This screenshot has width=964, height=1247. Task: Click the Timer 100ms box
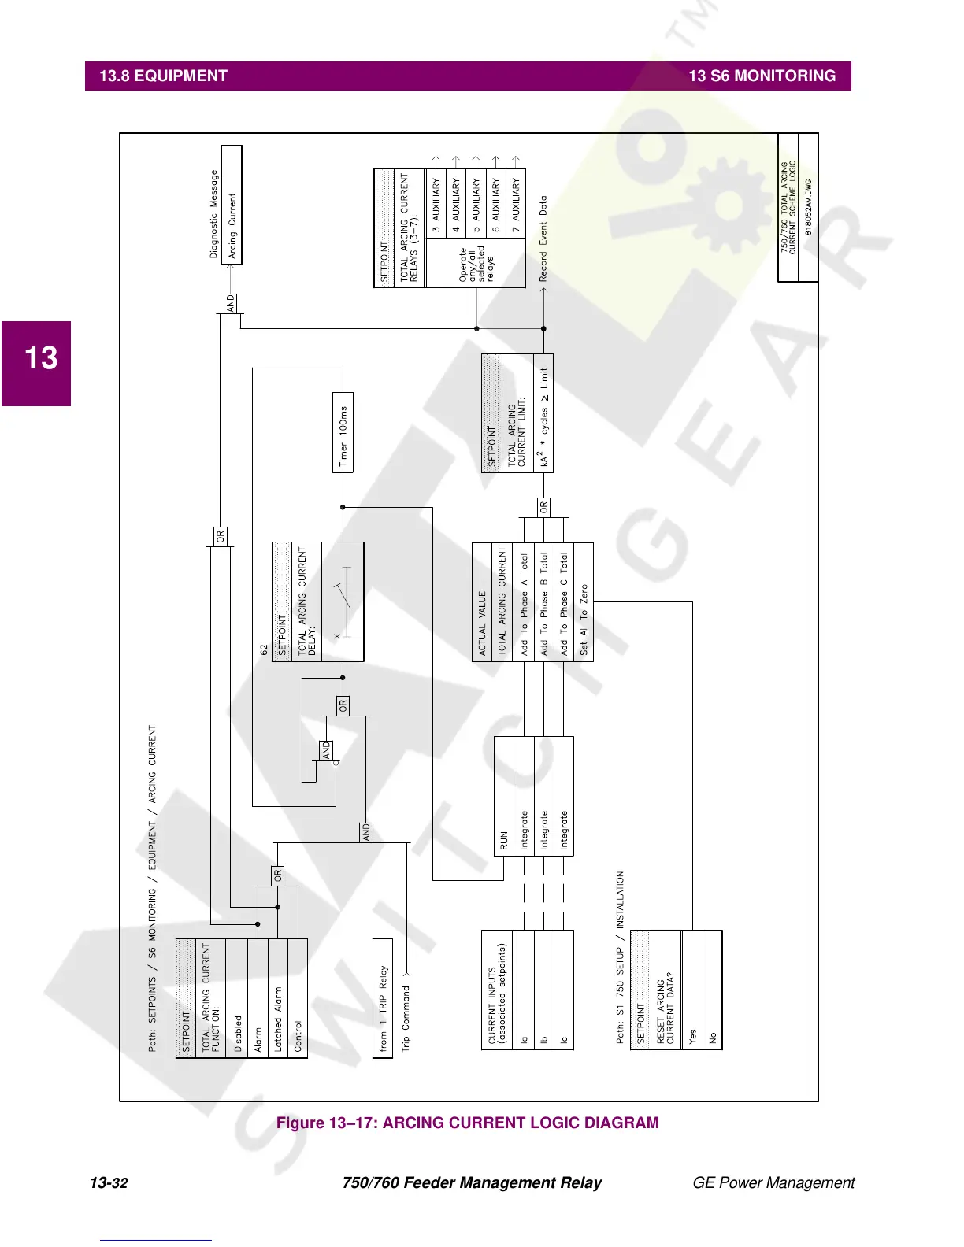coord(343,432)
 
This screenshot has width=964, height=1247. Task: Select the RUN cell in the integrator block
coord(504,796)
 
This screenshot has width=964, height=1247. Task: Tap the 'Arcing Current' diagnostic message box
coord(232,205)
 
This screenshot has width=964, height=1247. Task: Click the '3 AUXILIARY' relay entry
coord(436,205)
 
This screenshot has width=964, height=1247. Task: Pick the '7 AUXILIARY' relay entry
coord(516,205)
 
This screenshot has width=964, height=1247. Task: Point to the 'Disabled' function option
coord(238,997)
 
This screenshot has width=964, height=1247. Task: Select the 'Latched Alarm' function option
coord(278,997)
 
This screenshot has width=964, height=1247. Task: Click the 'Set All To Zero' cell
coord(584,602)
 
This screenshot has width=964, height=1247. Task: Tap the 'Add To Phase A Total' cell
coord(524,602)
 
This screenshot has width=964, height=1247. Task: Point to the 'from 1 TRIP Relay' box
coord(383,998)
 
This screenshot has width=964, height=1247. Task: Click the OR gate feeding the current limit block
coord(543,508)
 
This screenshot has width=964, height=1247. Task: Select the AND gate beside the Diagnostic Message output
coord(231,303)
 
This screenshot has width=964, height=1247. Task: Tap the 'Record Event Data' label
coord(543,239)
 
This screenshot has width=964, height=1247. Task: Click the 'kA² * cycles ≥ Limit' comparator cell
coord(543,413)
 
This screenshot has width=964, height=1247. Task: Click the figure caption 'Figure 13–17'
coord(468,1123)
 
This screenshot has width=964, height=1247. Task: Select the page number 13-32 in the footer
coord(109,1182)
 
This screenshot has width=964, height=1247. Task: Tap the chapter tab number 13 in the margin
coord(41,358)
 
